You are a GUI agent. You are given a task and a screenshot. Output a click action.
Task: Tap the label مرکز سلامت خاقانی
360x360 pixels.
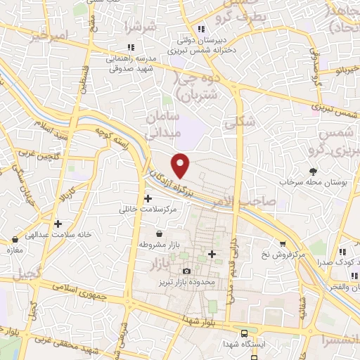pyautogui.click(x=148, y=210)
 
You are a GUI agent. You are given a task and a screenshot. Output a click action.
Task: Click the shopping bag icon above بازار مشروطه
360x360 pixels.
pyautogui.click(x=161, y=233)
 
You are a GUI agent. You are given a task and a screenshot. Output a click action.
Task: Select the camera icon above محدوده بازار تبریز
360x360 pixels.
pyautogui.click(x=186, y=271)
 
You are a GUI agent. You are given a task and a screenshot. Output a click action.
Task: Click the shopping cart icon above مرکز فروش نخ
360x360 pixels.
pyautogui.click(x=283, y=243)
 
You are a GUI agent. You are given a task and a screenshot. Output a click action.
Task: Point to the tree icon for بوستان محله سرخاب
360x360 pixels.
pyautogui.click(x=314, y=171)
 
